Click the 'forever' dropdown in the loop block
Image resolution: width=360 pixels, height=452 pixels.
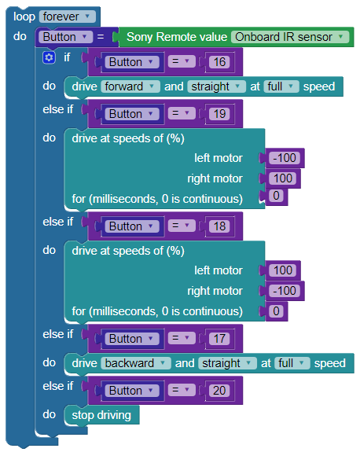[x=68, y=17]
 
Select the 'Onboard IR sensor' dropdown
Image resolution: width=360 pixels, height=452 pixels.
[x=290, y=37]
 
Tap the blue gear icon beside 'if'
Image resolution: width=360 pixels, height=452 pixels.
[x=49, y=57]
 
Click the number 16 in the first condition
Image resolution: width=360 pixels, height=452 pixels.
[x=219, y=62]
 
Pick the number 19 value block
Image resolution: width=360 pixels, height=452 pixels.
[x=219, y=114]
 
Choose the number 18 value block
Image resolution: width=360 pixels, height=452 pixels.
[x=219, y=226]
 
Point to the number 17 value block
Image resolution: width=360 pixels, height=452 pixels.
[x=219, y=339]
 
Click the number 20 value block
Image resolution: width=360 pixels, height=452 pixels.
[x=219, y=391]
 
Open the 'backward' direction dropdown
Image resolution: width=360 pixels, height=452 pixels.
[x=136, y=363]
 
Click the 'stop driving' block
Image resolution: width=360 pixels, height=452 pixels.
[x=101, y=415]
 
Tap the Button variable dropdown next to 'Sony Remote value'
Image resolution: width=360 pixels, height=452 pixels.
[x=66, y=37]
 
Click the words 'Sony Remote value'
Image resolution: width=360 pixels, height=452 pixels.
[x=177, y=37]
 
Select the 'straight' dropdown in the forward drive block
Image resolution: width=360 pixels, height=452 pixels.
[x=216, y=86]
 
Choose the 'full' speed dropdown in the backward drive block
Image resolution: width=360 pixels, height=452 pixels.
[x=292, y=363]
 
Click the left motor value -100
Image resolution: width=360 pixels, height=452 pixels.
[x=285, y=158]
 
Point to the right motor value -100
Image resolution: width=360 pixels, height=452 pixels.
[x=285, y=291]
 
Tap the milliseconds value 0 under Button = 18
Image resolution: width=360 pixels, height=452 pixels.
[x=276, y=311]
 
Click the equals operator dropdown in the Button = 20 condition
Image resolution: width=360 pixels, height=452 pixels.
[x=182, y=391]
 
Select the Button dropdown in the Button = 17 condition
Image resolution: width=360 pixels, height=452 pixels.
[x=132, y=339]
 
